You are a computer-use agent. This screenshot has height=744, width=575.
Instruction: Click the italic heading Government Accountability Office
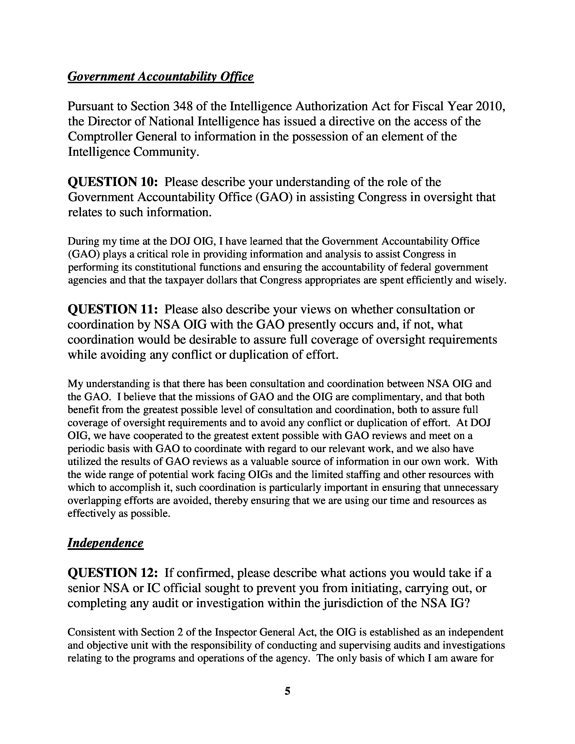point(161,76)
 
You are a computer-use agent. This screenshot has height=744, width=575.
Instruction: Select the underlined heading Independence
point(105,543)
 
